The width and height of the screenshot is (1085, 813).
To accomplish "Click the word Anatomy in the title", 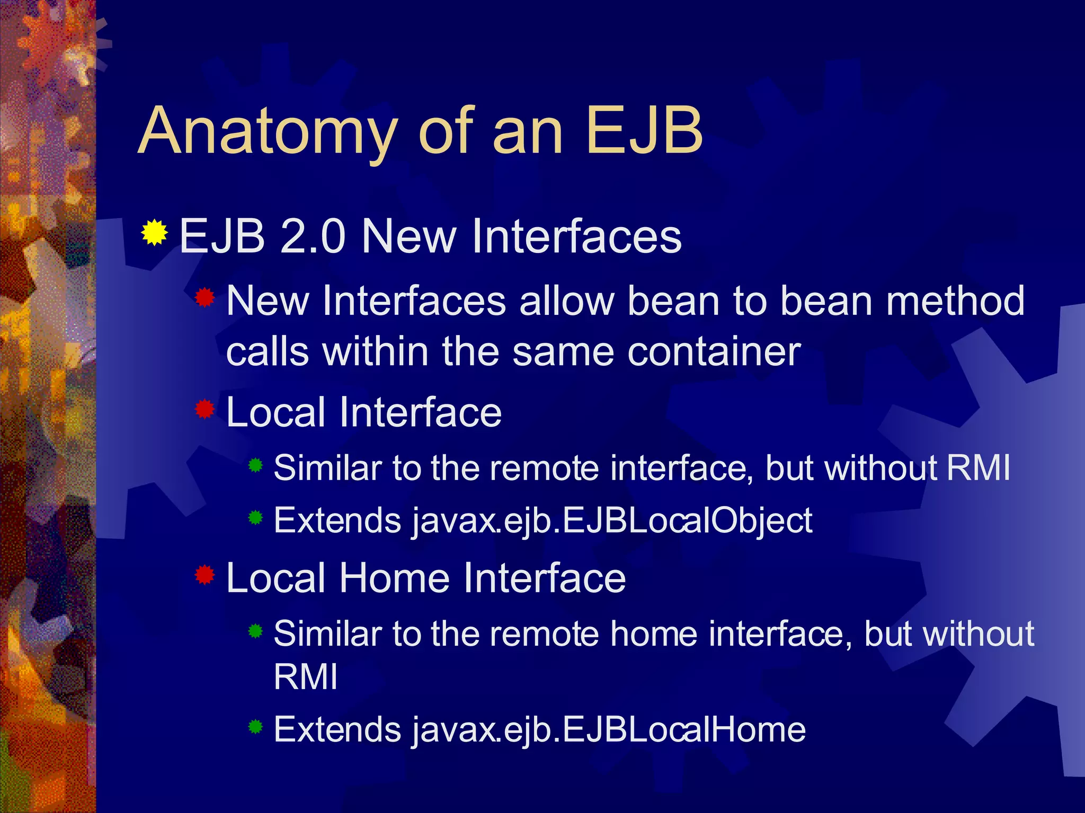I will point(268,131).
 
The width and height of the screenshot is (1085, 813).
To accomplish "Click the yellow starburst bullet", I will point(154,233).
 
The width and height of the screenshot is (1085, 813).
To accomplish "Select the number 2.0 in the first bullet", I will point(312,237).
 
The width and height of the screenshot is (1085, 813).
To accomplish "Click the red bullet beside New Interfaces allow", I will point(204,299).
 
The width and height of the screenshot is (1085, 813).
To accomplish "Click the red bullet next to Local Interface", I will point(204,409).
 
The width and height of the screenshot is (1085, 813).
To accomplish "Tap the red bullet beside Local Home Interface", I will point(204,574).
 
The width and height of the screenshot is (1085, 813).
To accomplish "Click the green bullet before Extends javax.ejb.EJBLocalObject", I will point(255,518).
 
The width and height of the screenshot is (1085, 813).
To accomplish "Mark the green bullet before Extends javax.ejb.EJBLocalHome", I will point(255,727).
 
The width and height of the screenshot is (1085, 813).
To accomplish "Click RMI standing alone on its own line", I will point(306,677).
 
